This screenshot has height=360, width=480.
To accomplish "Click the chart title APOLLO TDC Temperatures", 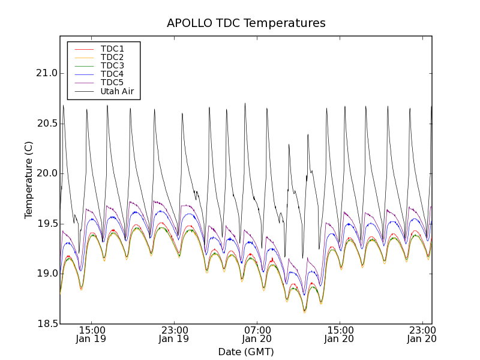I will coord(246,23).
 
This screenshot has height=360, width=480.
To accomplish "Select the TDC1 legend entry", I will coord(112,49).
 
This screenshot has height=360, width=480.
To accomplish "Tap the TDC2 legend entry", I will coord(112,57).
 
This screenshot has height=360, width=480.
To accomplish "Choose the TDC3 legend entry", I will coord(112,65).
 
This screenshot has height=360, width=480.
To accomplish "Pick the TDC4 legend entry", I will coord(112,74).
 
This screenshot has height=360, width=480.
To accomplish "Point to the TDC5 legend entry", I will coord(112,83).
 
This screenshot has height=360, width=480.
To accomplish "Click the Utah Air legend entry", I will coord(117,92).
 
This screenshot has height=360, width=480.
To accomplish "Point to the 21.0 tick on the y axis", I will coord(46,73).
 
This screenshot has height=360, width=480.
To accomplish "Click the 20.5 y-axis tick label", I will coord(46,124).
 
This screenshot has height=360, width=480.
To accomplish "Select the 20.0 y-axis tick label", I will coord(46,173).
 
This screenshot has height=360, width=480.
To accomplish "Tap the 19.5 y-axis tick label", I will coord(46,224).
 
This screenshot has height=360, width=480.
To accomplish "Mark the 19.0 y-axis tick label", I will coord(46,274).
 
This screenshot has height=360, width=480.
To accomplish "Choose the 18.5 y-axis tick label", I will coord(46,324).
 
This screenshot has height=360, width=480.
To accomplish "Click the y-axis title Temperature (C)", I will coord(29,180).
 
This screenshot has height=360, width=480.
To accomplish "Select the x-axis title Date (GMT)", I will coord(246,352).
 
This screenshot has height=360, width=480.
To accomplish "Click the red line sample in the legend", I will coord(83,49).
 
